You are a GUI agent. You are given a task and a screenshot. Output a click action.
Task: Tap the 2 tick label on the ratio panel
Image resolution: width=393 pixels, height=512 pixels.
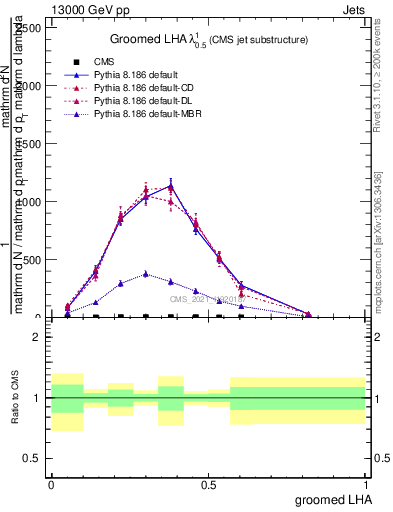coord(37,337)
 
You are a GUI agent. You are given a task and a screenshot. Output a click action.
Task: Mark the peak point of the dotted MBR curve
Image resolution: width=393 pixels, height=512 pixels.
coord(146,273)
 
